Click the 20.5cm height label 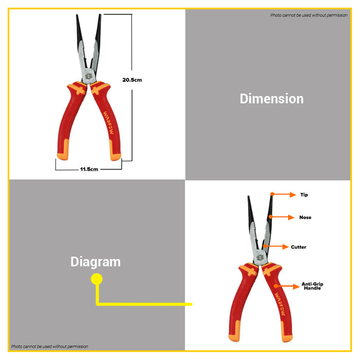click(132, 80)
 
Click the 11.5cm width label click(89, 169)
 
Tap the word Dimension click(272, 99)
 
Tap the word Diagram click(96, 262)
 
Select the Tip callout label click(304, 195)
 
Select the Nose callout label click(305, 218)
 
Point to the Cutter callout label click(298, 247)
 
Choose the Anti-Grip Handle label click(312, 286)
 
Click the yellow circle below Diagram click(97, 279)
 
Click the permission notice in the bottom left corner click(50, 347)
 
